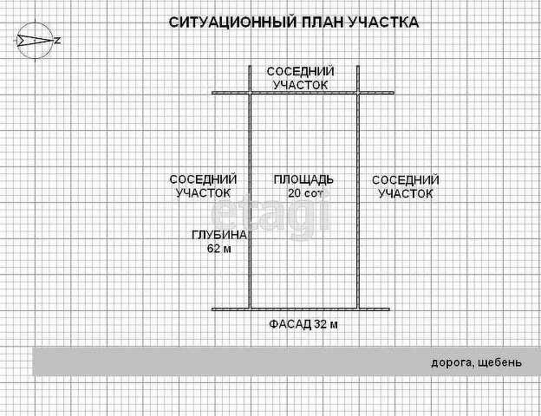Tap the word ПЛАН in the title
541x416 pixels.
pyautogui.click(x=315, y=22)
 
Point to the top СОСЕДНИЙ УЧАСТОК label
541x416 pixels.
pyautogui.click(x=300, y=78)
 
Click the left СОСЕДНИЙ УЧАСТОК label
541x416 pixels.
pyautogui.click(x=203, y=186)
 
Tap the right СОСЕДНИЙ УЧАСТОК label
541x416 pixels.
pyautogui.click(x=405, y=187)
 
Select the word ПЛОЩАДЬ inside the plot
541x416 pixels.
pyautogui.click(x=303, y=179)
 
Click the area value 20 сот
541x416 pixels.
pyautogui.click(x=304, y=193)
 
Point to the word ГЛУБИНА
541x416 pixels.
pyautogui.click(x=219, y=235)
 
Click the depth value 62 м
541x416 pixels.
pyautogui.click(x=219, y=249)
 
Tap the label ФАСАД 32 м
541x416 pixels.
pyautogui.click(x=303, y=325)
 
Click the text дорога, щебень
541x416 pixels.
pyautogui.click(x=476, y=361)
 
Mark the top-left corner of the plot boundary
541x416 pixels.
pyautogui.click(x=251, y=92)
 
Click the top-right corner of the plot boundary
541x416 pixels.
pyautogui.click(x=357, y=92)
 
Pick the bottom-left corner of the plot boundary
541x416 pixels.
pyautogui.click(x=251, y=309)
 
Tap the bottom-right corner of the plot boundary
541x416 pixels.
pyautogui.click(x=357, y=309)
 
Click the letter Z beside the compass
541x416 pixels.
pyautogui.click(x=57, y=41)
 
